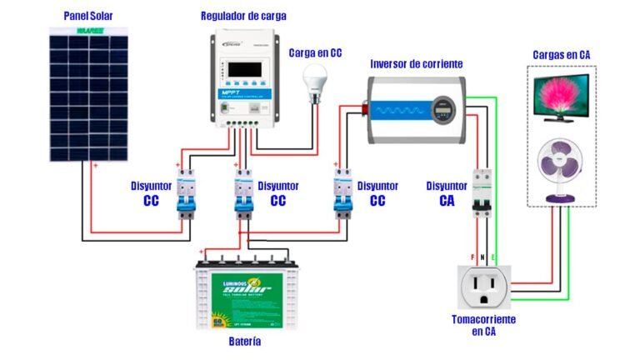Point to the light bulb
(x=315, y=81)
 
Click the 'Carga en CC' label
(x=316, y=52)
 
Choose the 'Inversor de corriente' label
(x=416, y=63)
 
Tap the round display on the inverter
(x=441, y=107)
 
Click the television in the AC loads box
(x=564, y=97)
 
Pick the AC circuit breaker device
(x=481, y=192)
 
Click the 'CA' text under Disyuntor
(x=447, y=200)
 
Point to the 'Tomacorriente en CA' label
(x=483, y=326)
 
